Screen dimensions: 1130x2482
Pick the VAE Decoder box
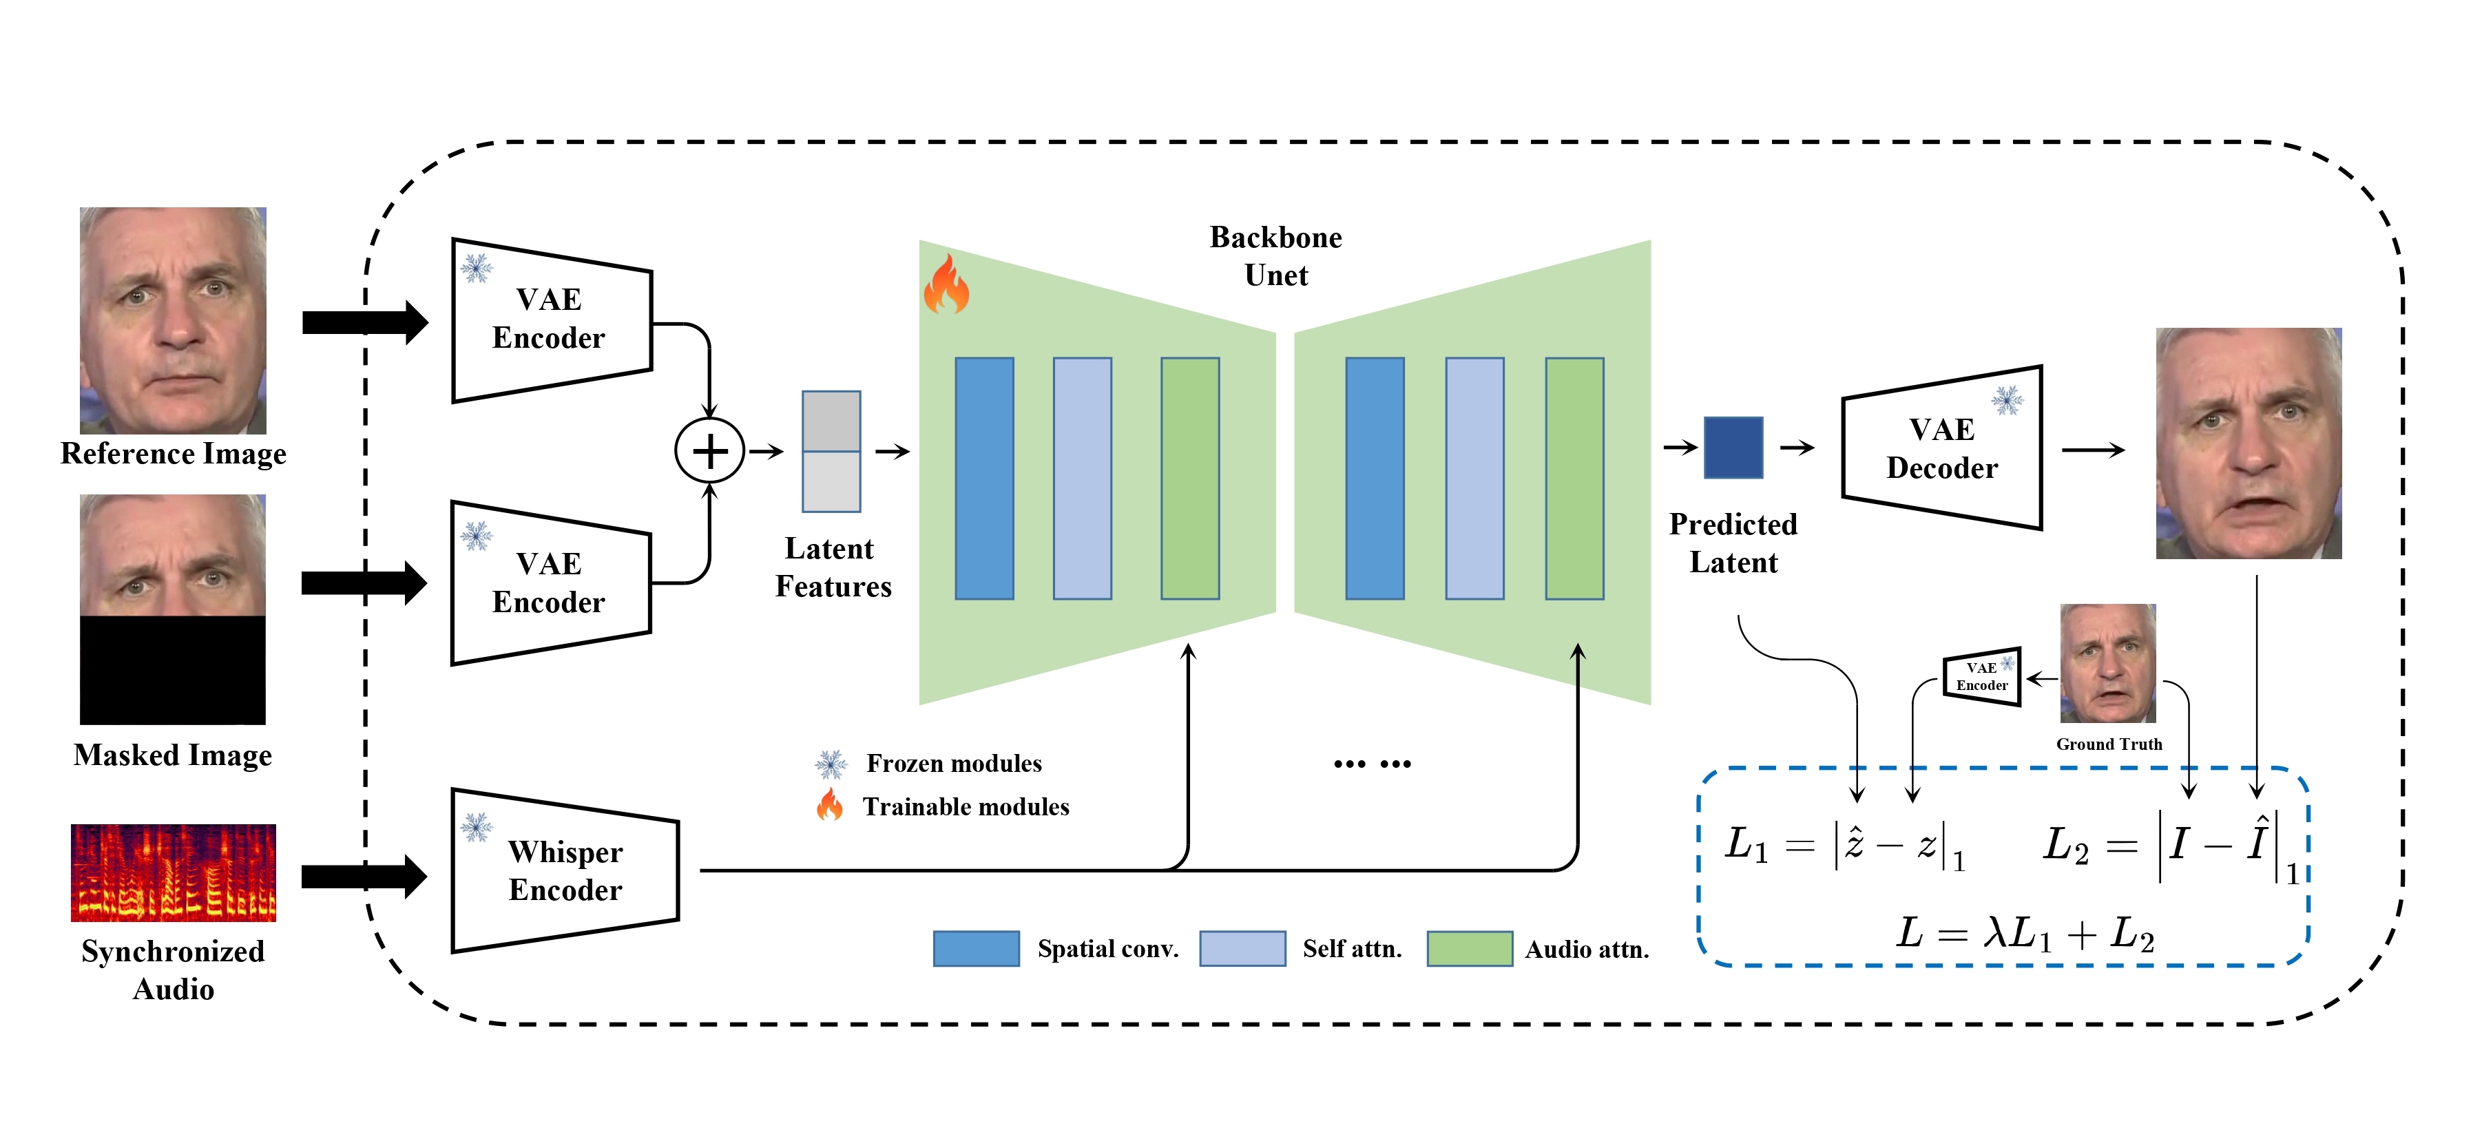point(1941,448)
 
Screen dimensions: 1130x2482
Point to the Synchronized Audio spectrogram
point(174,872)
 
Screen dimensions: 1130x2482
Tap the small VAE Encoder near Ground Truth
point(1981,676)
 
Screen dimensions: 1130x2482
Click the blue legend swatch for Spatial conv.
point(975,948)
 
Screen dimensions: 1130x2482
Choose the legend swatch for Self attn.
point(1241,948)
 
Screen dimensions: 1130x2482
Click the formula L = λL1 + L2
point(2024,932)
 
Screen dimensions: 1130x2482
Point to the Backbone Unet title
point(1275,255)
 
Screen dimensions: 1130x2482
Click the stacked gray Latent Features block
point(831,451)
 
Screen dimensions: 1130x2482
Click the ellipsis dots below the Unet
point(1372,764)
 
